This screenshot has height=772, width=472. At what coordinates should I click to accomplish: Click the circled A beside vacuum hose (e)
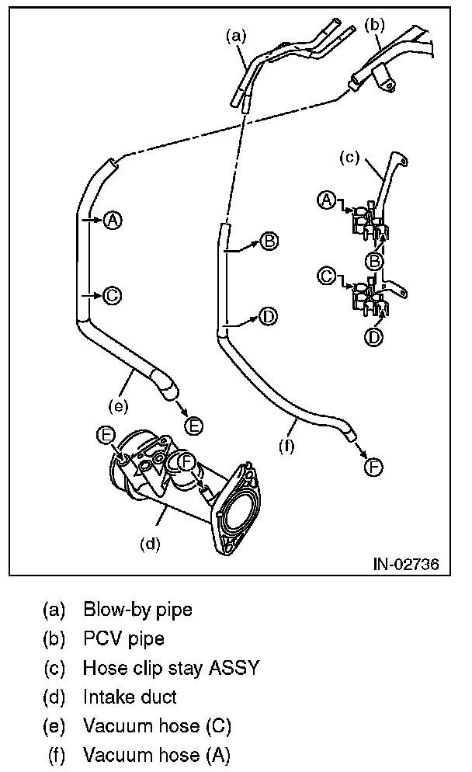point(113,220)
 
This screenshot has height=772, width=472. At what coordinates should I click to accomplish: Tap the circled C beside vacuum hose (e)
point(112,295)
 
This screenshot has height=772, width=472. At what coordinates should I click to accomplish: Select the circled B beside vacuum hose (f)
point(269,242)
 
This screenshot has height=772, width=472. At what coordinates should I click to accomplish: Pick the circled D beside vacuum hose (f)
point(268,316)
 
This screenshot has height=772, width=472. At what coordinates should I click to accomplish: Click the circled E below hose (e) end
point(195,424)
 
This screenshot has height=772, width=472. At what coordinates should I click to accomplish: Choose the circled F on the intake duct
point(186,462)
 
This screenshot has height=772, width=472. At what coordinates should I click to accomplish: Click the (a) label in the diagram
point(235,34)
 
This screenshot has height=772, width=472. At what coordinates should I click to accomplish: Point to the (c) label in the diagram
point(349,158)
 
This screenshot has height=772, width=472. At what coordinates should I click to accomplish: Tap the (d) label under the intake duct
point(150,544)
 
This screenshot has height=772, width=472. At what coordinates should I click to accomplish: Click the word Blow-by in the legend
point(111,610)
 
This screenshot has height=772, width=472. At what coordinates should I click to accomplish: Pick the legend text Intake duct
point(130,697)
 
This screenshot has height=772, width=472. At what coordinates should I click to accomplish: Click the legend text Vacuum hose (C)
point(157,726)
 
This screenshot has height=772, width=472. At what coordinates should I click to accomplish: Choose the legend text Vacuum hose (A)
point(157,755)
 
